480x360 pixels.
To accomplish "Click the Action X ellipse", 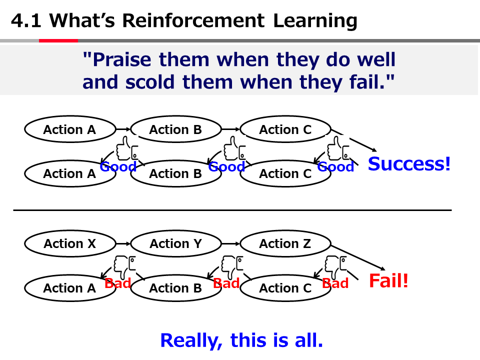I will click(69, 244).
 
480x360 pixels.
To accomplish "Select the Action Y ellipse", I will click(175, 244).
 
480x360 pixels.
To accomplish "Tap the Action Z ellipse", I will click(285, 244).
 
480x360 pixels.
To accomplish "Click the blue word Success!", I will click(409, 163).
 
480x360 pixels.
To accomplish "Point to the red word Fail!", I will click(388, 281).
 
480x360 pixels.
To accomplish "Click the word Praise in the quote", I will click(122, 60).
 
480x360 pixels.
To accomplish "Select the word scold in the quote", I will click(147, 81).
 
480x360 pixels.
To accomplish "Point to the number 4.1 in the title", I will click(27, 21).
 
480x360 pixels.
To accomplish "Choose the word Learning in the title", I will click(315, 21).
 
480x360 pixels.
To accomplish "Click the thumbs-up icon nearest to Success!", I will click(337, 148).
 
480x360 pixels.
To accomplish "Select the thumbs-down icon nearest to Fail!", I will click(335, 264).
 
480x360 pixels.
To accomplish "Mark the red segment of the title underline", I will click(58, 40).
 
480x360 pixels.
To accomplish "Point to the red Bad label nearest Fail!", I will click(335, 283).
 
